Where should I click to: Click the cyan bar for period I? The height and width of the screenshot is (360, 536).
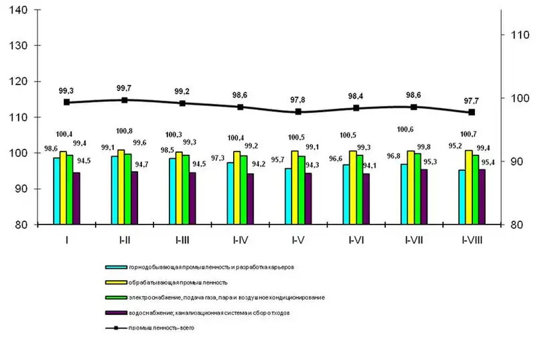[57, 191]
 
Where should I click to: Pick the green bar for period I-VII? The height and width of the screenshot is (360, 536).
[417, 189]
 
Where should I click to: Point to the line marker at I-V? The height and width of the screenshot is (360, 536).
[297, 112]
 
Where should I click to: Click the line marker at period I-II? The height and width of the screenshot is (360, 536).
[124, 100]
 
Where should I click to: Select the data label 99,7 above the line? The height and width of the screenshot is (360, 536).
[124, 88]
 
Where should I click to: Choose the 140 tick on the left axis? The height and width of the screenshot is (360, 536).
[16, 10]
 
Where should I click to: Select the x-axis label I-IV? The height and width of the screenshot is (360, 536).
[240, 239]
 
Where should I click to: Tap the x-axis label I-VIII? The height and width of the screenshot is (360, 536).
[472, 239]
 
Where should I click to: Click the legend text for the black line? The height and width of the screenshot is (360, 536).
[165, 328]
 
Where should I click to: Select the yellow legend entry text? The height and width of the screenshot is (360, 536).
[176, 282]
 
